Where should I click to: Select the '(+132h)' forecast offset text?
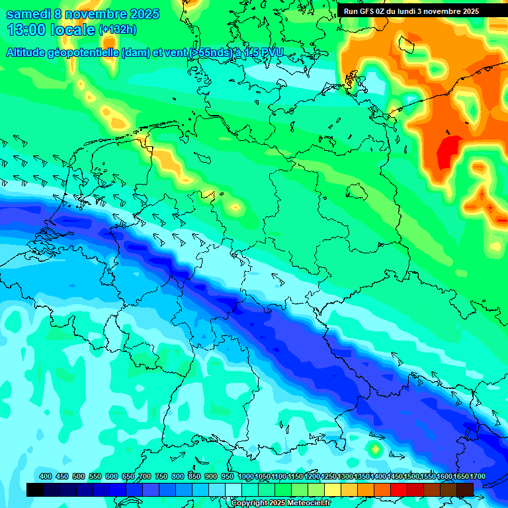click(x=117, y=30)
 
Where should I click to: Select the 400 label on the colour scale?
click(x=46, y=477)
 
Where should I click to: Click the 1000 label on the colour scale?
click(x=246, y=477)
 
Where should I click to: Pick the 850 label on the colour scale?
click(x=194, y=477)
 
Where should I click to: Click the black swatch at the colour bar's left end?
click(x=35, y=489)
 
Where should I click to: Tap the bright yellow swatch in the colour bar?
click(x=333, y=489)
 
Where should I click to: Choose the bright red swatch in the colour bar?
click(x=399, y=489)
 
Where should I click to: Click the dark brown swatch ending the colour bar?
click(x=465, y=489)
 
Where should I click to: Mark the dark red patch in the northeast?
click(x=450, y=150)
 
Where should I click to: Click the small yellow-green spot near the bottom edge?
click(x=375, y=450)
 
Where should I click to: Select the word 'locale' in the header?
click(x=73, y=30)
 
